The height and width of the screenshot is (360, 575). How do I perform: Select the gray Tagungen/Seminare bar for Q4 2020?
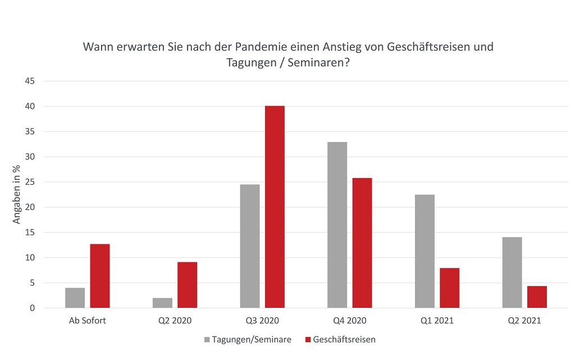point(337,225)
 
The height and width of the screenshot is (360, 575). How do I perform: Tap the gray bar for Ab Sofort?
point(75,298)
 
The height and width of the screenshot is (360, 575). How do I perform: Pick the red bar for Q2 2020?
point(187,285)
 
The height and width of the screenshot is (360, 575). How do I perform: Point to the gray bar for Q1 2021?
point(425,251)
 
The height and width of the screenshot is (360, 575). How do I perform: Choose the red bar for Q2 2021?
point(537,297)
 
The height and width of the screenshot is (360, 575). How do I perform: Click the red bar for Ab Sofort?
point(100,276)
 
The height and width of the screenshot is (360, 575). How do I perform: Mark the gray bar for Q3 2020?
point(250,246)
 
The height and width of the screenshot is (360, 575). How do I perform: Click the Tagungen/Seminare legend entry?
point(250,339)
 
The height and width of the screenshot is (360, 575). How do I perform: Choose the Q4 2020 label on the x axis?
point(349,321)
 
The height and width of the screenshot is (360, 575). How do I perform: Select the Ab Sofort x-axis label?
point(88,321)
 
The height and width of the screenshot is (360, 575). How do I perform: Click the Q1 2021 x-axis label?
point(437,321)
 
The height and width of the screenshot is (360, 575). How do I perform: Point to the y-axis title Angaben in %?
point(17,194)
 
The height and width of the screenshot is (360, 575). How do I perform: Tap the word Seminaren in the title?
point(316,62)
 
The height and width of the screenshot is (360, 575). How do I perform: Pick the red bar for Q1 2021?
point(449,288)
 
